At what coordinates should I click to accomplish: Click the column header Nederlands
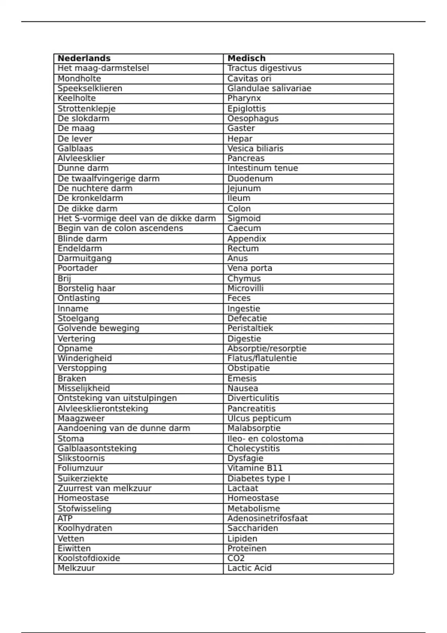84,58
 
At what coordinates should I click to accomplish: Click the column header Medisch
247,58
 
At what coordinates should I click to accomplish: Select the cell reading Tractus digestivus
264,68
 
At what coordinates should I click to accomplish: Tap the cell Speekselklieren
90,89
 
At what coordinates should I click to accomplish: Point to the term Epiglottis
247,109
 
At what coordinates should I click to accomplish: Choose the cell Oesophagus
253,118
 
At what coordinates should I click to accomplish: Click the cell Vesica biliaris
256,149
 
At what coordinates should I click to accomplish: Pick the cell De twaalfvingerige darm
108,179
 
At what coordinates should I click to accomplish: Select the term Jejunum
244,188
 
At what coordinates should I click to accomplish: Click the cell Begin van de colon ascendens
120,228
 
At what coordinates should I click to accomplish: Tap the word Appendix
247,239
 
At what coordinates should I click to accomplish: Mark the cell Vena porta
250,268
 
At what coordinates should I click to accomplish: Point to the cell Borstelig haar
86,288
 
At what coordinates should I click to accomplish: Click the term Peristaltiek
250,328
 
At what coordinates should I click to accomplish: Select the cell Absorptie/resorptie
267,349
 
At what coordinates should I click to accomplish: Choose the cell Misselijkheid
84,388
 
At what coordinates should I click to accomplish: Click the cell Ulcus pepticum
259,419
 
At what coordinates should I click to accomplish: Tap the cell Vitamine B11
255,468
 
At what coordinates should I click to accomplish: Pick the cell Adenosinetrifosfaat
268,518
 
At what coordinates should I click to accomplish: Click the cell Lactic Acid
250,568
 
